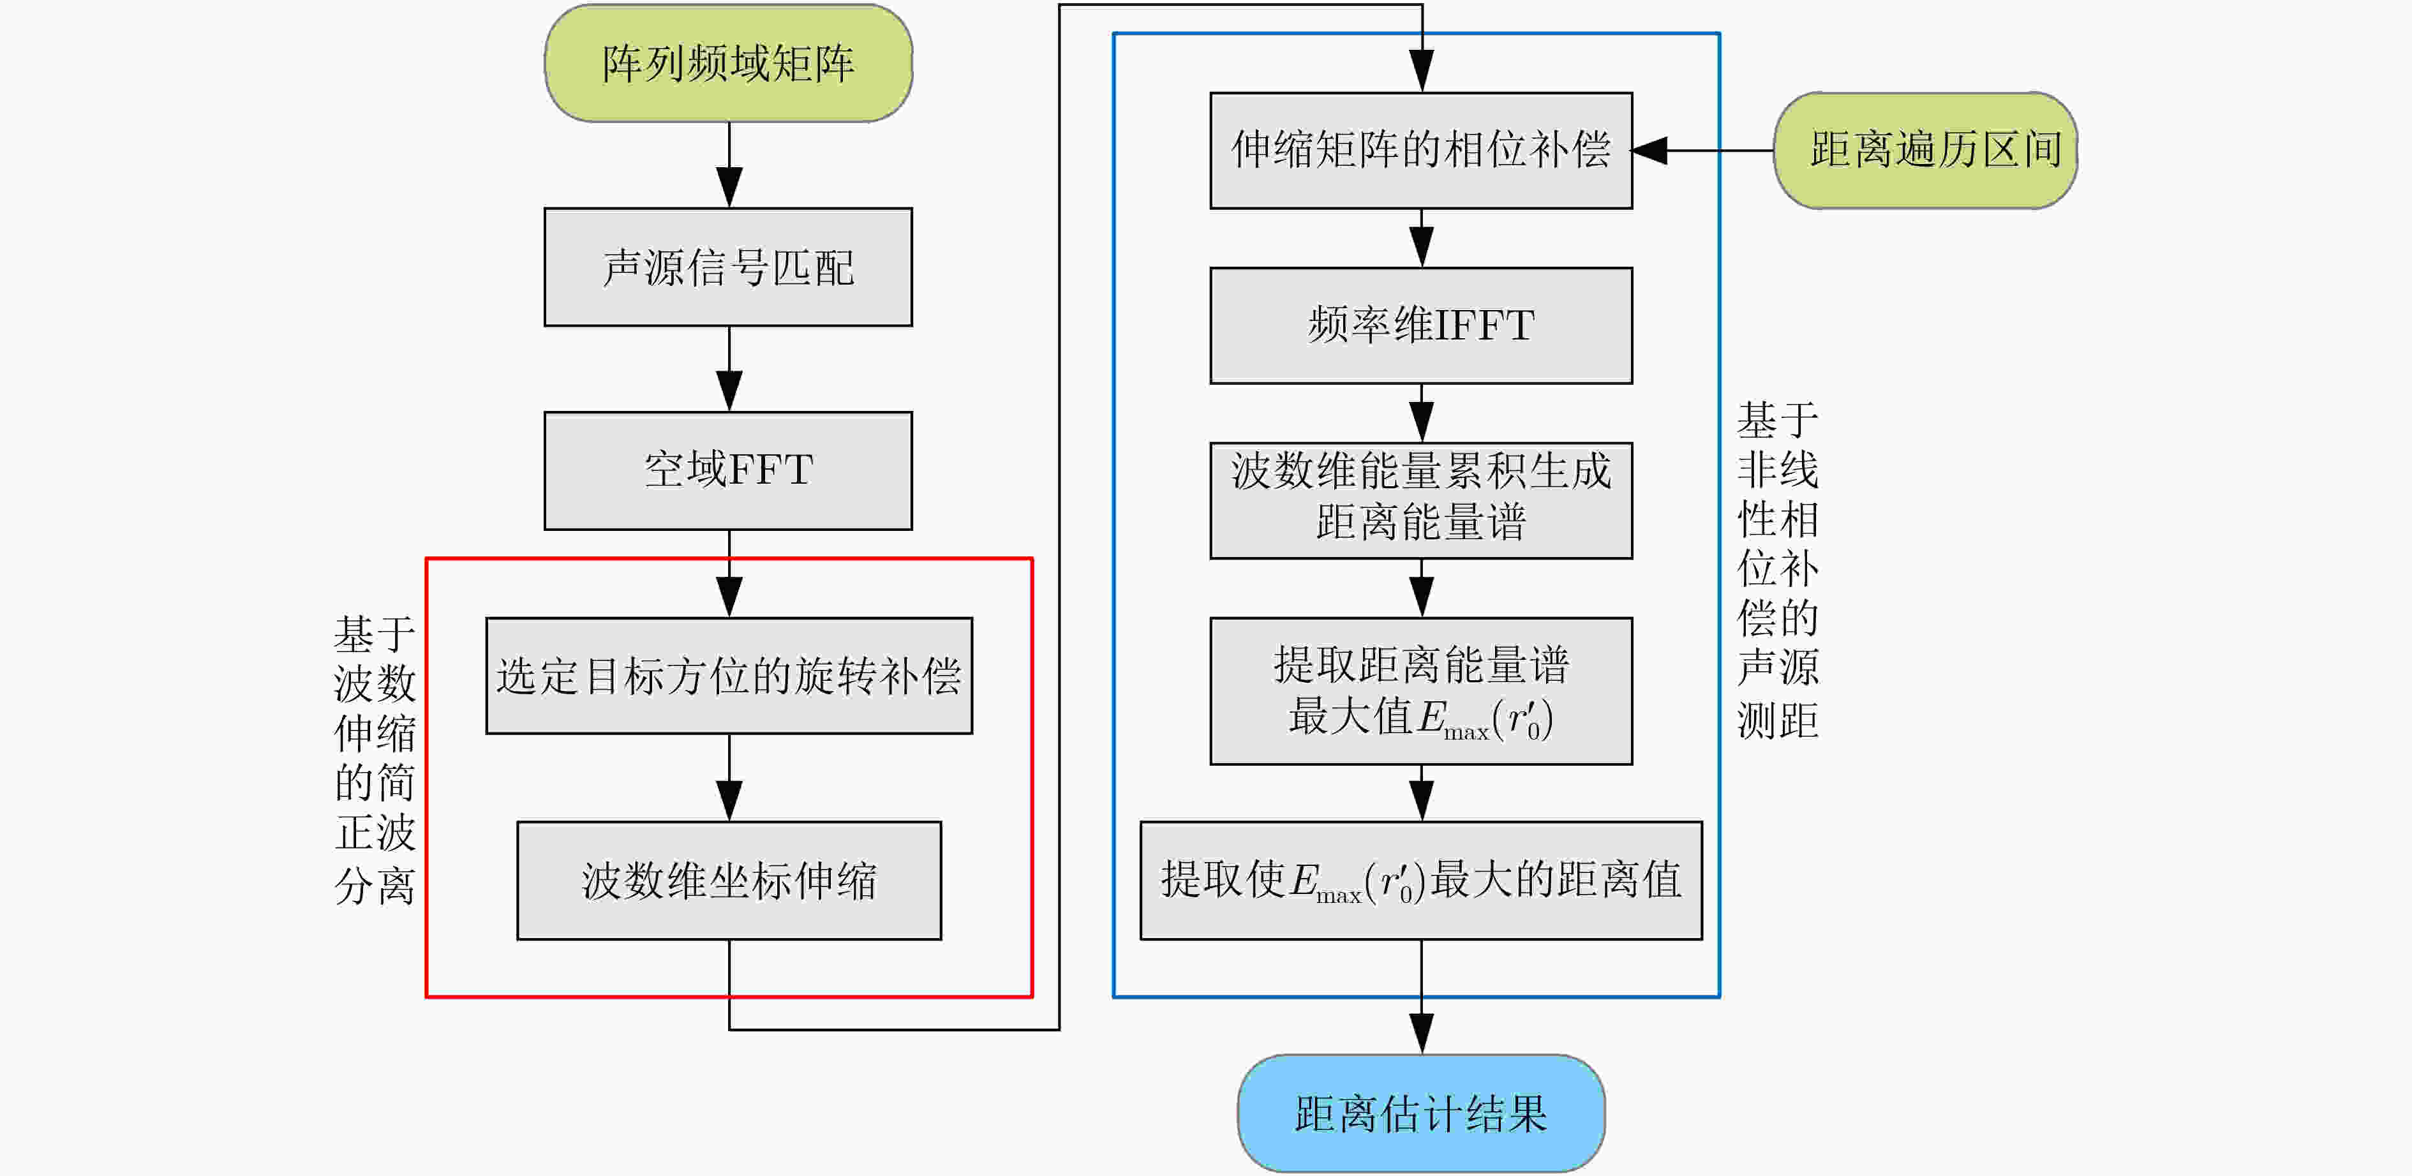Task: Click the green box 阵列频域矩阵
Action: coord(729,63)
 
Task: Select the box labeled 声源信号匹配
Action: coord(729,267)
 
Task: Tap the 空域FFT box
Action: coord(729,471)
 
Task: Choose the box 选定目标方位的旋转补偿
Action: coord(729,675)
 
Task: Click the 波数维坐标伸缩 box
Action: coord(729,880)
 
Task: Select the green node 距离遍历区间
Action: coord(1926,150)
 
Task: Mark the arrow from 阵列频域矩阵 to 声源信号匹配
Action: coord(729,165)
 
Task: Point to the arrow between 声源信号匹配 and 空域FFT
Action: coord(729,369)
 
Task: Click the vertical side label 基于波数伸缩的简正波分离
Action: coord(375,759)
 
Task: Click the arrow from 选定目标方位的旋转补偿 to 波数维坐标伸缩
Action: coord(729,777)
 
